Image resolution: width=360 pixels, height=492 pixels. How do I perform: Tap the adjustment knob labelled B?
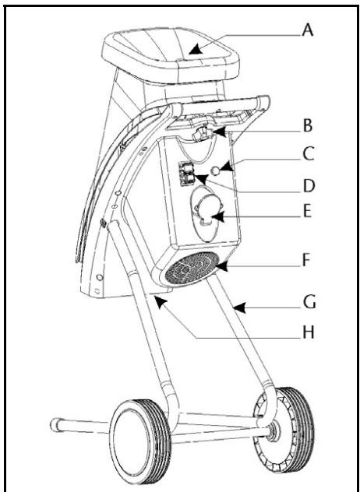[204, 135]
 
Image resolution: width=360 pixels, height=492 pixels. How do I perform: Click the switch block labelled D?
[188, 174]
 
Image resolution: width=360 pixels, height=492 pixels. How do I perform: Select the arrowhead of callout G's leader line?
[235, 311]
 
